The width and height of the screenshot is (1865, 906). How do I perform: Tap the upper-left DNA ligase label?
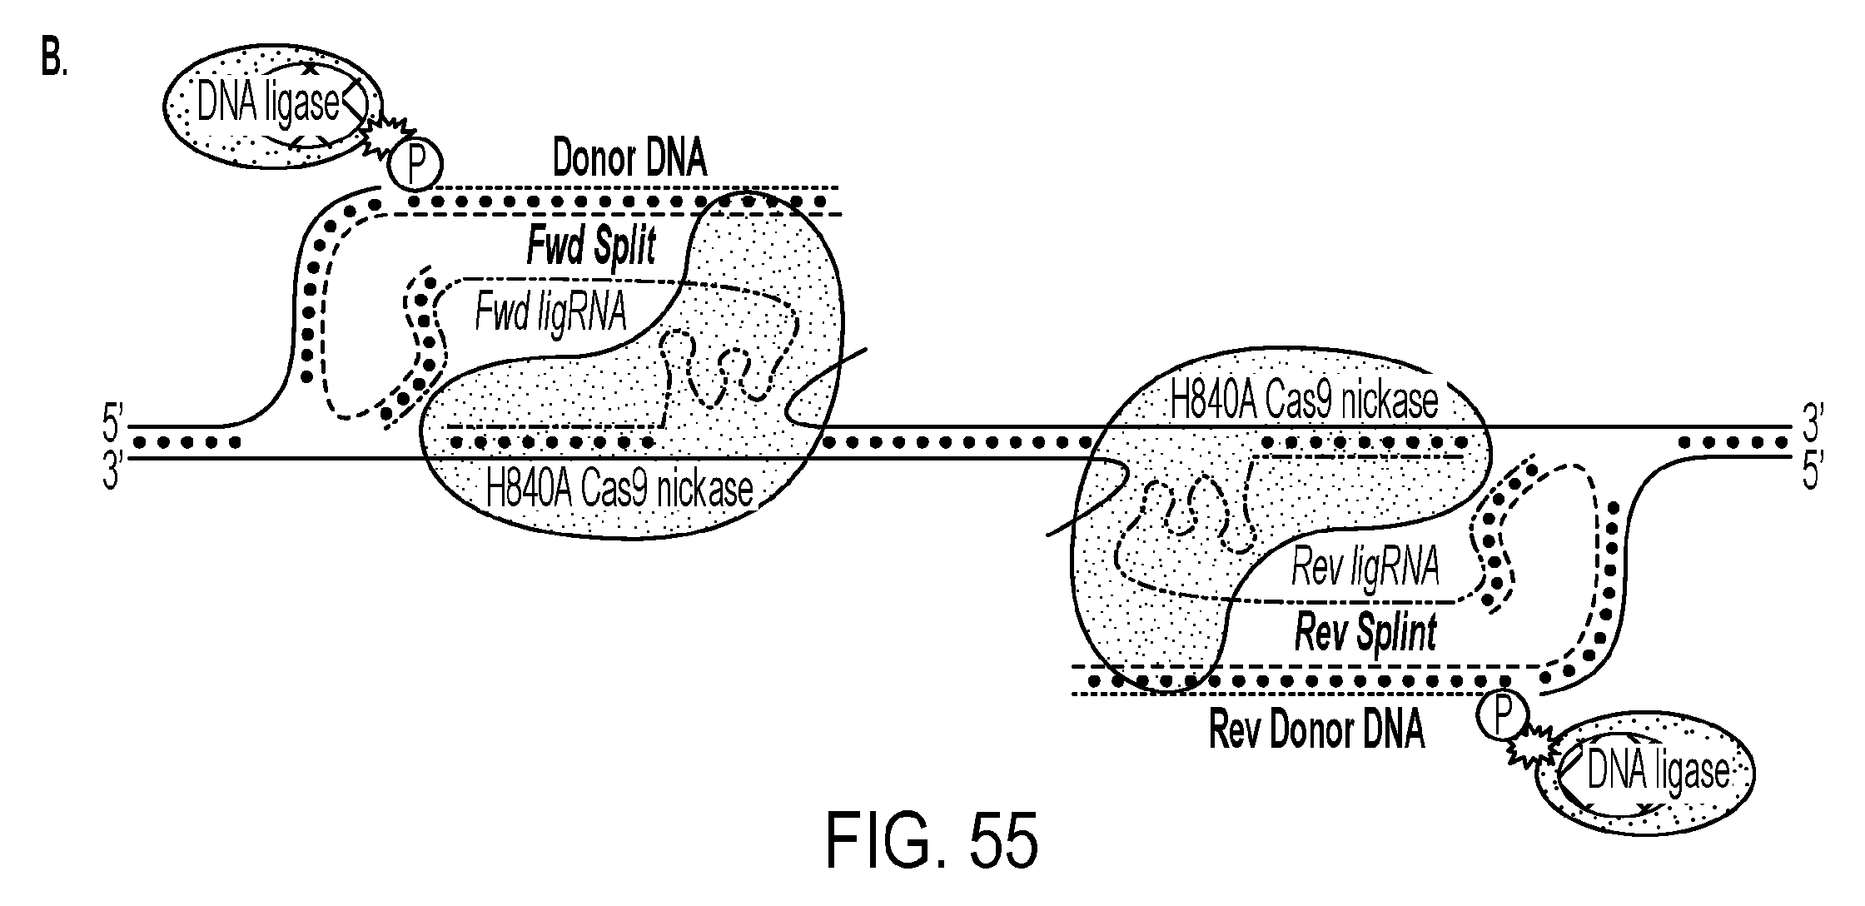pos(268,103)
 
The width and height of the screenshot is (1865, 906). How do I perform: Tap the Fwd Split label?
pos(591,246)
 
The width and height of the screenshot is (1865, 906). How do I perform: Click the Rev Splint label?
pos(1365,632)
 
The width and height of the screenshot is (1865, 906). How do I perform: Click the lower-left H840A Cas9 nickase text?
pos(619,489)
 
